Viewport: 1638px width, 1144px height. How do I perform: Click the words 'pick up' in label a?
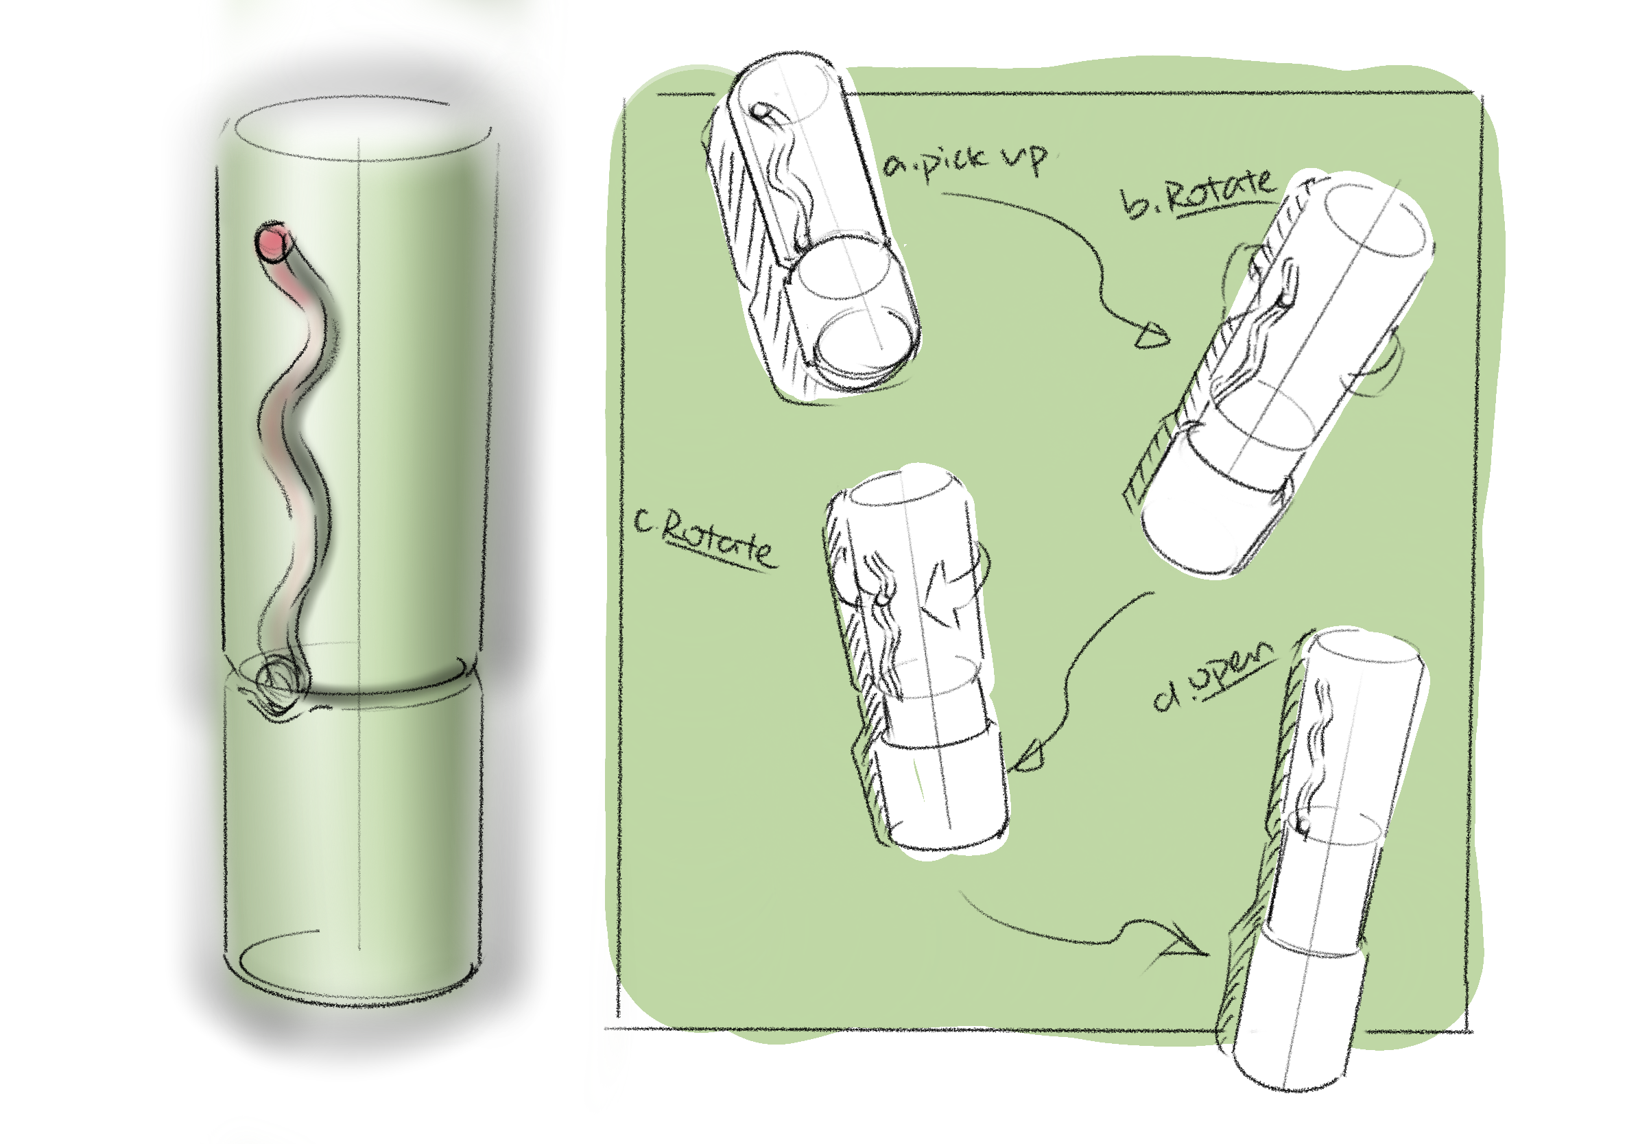(984, 161)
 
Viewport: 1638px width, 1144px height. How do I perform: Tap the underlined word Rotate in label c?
(717, 546)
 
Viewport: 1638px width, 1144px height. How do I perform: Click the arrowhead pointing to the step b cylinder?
(1150, 335)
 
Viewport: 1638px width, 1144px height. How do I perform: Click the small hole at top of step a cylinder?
(763, 112)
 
